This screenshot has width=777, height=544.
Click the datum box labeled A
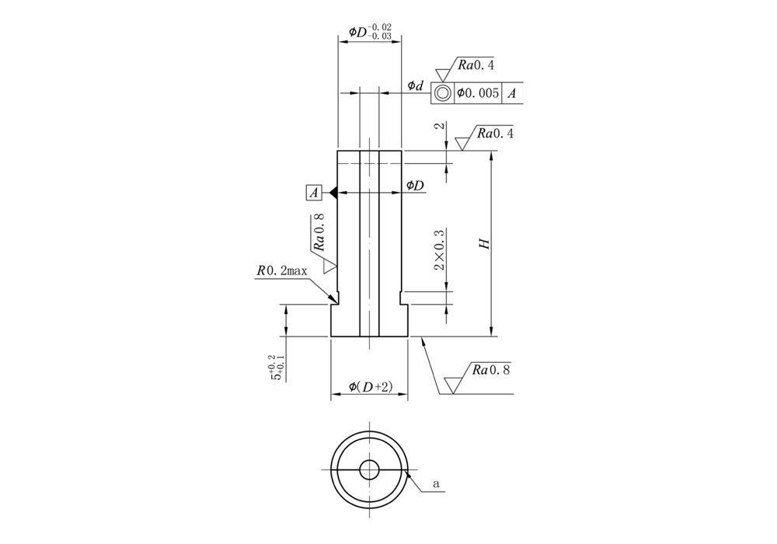pyautogui.click(x=315, y=192)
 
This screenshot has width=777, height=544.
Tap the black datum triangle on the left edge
pyautogui.click(x=332, y=192)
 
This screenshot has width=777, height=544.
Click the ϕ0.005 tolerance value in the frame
pyautogui.click(x=478, y=93)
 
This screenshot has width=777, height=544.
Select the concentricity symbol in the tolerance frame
pyautogui.click(x=442, y=93)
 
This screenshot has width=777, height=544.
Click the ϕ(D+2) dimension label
pyautogui.click(x=370, y=386)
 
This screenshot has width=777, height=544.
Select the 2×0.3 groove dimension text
pyautogui.click(x=440, y=249)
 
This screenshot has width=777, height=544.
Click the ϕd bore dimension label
pyautogui.click(x=416, y=85)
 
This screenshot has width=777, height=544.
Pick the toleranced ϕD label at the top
pyautogui.click(x=370, y=32)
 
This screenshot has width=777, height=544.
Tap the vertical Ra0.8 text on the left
pyautogui.click(x=319, y=234)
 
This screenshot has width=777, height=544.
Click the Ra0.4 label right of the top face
pyautogui.click(x=493, y=133)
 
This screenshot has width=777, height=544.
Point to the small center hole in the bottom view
pyautogui.click(x=368, y=469)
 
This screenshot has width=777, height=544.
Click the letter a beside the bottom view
pyautogui.click(x=437, y=483)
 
